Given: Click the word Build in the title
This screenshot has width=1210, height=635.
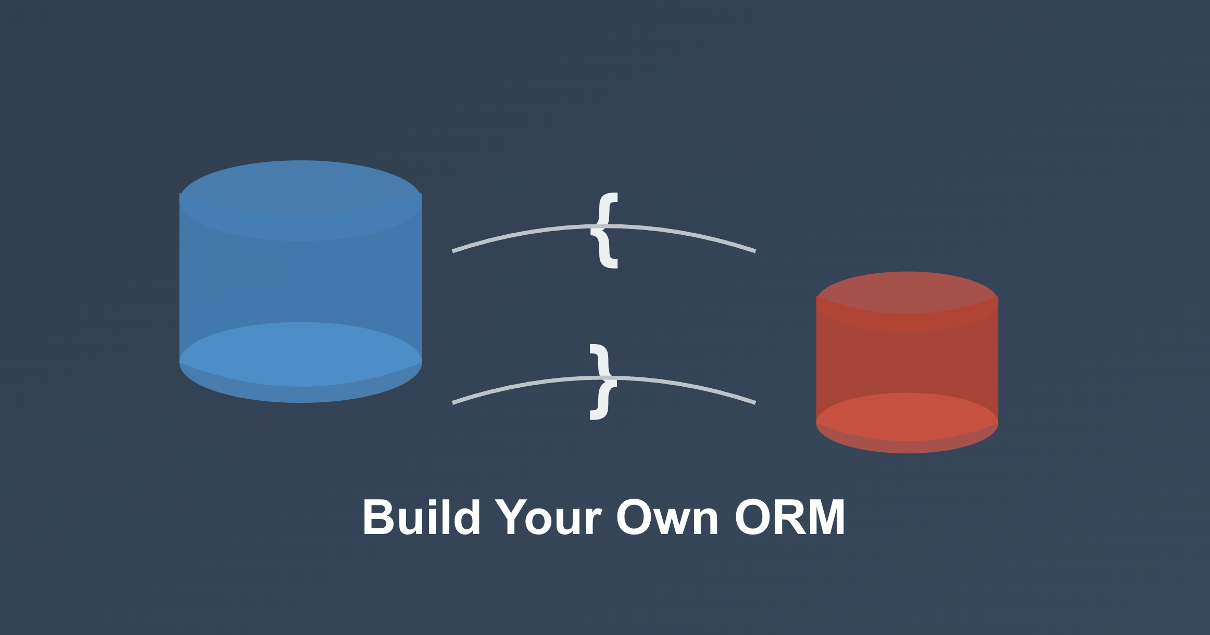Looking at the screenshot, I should click(x=421, y=517).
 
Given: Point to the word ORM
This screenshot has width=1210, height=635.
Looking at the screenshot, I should click(x=790, y=517).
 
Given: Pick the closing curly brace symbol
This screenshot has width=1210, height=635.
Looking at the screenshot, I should click(x=603, y=382).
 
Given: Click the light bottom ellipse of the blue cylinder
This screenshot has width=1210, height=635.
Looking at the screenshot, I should click(x=300, y=354).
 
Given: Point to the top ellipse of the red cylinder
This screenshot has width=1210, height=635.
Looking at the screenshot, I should click(x=907, y=293).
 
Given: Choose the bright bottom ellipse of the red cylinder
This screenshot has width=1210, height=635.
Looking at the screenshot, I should click(x=907, y=416).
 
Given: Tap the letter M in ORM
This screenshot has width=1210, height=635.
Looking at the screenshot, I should click(x=822, y=517).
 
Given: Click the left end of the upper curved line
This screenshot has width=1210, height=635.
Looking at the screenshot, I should click(x=454, y=251).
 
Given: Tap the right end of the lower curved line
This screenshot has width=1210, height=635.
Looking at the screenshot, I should click(x=754, y=402).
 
